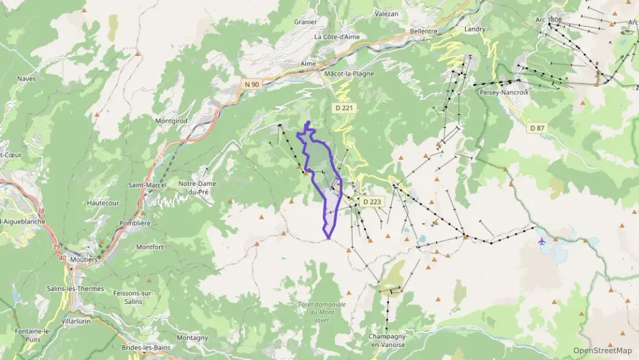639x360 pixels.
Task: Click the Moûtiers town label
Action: click(83, 260)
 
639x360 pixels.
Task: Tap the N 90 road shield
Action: click(253, 84)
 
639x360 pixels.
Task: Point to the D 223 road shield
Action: click(372, 202)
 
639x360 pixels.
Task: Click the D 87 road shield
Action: click(537, 128)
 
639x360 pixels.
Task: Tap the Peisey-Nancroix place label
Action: click(504, 92)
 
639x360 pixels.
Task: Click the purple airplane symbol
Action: click(542, 240)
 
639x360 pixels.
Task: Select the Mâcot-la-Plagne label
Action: click(350, 73)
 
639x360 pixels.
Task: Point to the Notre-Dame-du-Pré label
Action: click(197, 187)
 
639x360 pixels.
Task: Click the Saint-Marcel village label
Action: click(147, 185)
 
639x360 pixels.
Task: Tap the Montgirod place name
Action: click(171, 120)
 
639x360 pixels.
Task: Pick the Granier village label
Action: click(305, 21)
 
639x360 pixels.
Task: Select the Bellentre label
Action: click(423, 31)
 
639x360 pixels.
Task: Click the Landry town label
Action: click(474, 29)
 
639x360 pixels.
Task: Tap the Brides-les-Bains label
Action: click(146, 348)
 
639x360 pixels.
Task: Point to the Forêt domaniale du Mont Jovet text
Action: click(322, 312)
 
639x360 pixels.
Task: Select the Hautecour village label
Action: click(104, 203)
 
